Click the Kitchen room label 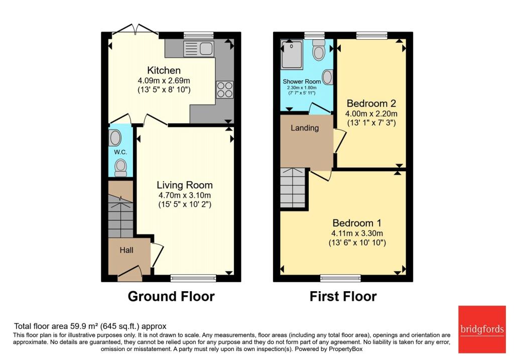(164, 70)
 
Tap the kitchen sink (199, 49)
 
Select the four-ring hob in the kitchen (224, 89)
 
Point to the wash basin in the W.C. (115, 138)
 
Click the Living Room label (185, 185)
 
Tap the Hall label (126, 250)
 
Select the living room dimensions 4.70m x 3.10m (185, 195)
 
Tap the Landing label (305, 128)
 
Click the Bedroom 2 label (371, 104)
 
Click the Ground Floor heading (171, 296)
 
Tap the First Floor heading (343, 296)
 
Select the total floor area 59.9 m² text (90, 326)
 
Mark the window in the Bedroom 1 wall (341, 278)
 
